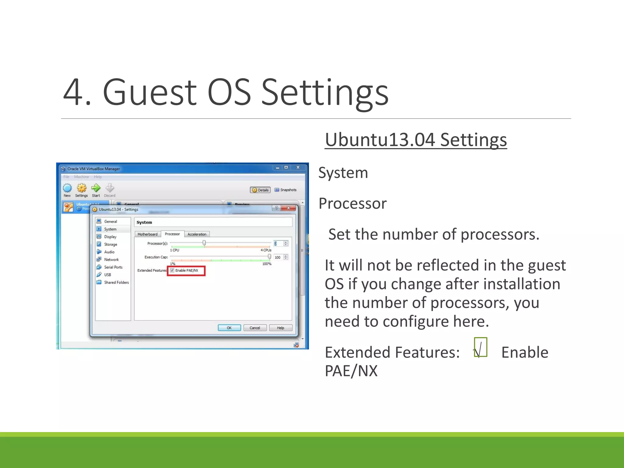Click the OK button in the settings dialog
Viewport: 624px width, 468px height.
[229, 328]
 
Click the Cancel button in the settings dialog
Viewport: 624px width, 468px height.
[255, 328]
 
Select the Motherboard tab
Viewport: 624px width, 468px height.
[147, 234]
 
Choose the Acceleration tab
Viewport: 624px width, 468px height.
[197, 234]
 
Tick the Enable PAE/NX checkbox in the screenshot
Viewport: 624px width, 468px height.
[172, 270]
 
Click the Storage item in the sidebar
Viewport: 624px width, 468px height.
[110, 244]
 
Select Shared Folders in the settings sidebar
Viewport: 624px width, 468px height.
[116, 282]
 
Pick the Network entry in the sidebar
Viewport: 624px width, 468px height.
[111, 260]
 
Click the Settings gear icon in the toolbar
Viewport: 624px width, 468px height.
[81, 188]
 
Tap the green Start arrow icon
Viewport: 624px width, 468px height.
[96, 188]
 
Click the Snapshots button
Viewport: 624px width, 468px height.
[285, 190]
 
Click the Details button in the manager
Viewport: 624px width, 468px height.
[260, 190]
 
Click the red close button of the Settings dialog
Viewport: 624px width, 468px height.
[288, 208]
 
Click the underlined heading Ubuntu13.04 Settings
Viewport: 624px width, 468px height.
[416, 140]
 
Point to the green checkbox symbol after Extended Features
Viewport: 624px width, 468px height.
[480, 347]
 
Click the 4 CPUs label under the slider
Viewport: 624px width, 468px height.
[266, 250]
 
